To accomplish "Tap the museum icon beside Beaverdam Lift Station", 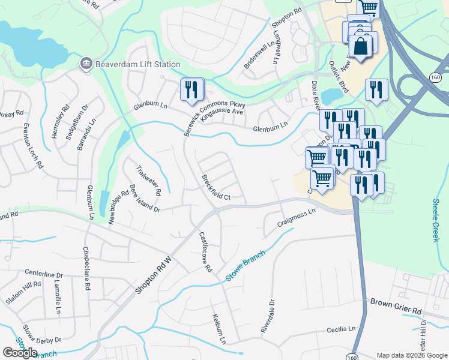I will tap(86, 64).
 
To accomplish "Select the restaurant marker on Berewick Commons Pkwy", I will tap(192, 91).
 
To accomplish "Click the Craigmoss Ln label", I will tap(296, 218).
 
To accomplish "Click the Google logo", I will tap(20, 353).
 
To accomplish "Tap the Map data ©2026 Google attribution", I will tap(412, 355).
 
